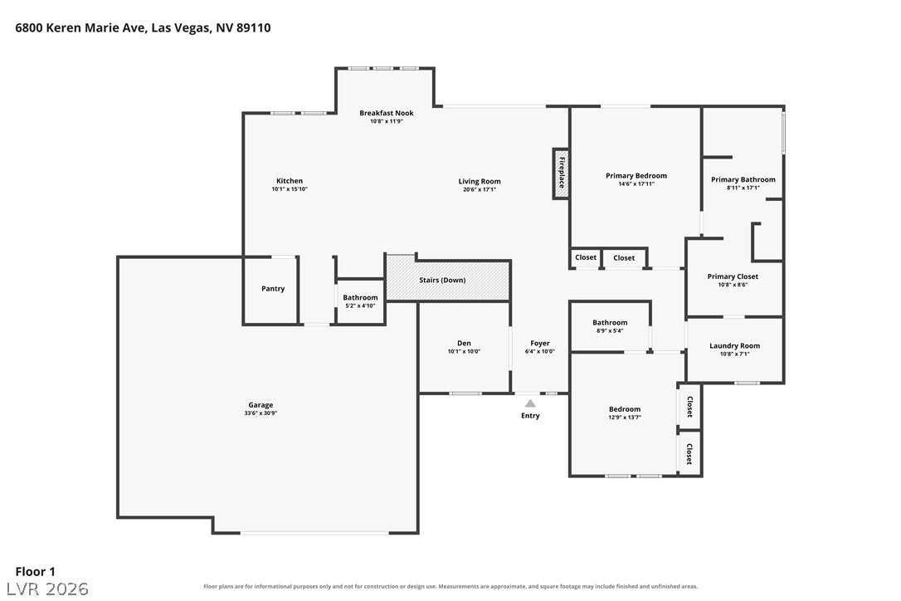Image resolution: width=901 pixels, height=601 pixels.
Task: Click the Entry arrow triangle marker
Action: click(530, 403)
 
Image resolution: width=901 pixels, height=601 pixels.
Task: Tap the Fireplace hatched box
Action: click(561, 173)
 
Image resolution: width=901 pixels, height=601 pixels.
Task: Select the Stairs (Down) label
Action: click(442, 280)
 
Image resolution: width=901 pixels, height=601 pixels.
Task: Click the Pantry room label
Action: click(273, 289)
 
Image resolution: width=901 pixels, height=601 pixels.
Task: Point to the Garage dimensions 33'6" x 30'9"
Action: click(261, 413)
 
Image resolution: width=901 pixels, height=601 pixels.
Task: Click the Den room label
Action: click(465, 344)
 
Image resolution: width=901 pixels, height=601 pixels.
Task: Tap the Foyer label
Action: click(540, 344)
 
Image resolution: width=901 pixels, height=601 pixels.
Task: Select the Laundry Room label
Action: click(735, 345)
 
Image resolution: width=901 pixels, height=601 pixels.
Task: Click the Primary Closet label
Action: click(733, 276)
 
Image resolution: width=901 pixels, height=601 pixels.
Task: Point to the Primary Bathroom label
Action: click(743, 179)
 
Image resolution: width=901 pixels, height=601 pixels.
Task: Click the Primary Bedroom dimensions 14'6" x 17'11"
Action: click(636, 184)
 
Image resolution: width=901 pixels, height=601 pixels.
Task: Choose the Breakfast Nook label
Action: click(387, 113)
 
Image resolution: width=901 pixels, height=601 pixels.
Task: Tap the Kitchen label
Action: click(290, 181)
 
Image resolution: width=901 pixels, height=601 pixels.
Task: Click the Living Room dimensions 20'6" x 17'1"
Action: click(480, 189)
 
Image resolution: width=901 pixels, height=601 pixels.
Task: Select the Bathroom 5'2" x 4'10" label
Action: click(360, 301)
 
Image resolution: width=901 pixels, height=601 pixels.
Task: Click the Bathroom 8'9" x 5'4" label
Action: click(611, 326)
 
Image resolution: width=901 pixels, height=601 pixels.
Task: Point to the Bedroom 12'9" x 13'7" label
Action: click(625, 413)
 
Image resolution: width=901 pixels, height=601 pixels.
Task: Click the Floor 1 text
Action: click(35, 572)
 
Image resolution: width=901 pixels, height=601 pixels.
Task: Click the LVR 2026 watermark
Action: click(47, 589)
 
